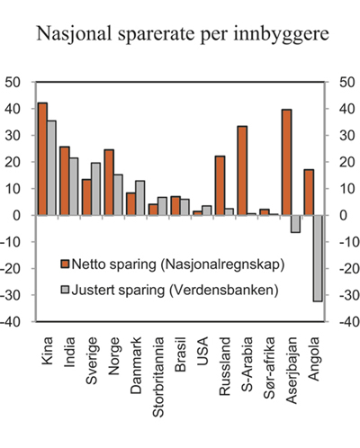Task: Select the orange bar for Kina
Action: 42,159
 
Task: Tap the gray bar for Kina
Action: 51,168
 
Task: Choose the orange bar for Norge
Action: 109,183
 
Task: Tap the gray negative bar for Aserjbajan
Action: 295,224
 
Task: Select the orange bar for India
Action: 65,181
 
